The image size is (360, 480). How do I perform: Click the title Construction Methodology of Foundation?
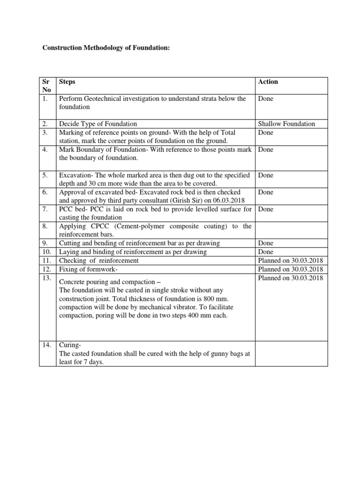click(x=106, y=48)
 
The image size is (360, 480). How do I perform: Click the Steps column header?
click(x=67, y=82)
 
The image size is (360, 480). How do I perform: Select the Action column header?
click(x=268, y=82)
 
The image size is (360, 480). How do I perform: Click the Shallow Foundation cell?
click(x=286, y=124)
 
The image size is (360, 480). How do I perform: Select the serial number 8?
click(x=45, y=226)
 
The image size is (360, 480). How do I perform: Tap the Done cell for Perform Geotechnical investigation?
click(x=266, y=98)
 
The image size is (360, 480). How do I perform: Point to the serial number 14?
click(x=47, y=345)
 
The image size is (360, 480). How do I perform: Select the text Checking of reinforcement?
click(x=99, y=260)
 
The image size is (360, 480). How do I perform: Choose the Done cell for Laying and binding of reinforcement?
click(x=266, y=252)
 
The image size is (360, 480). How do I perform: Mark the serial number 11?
click(x=47, y=260)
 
